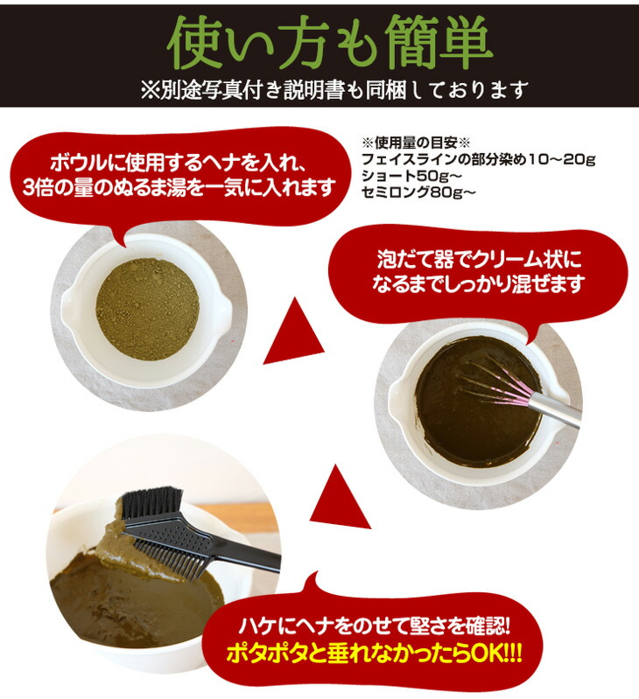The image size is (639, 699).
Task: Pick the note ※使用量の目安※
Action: [x=404, y=143]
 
